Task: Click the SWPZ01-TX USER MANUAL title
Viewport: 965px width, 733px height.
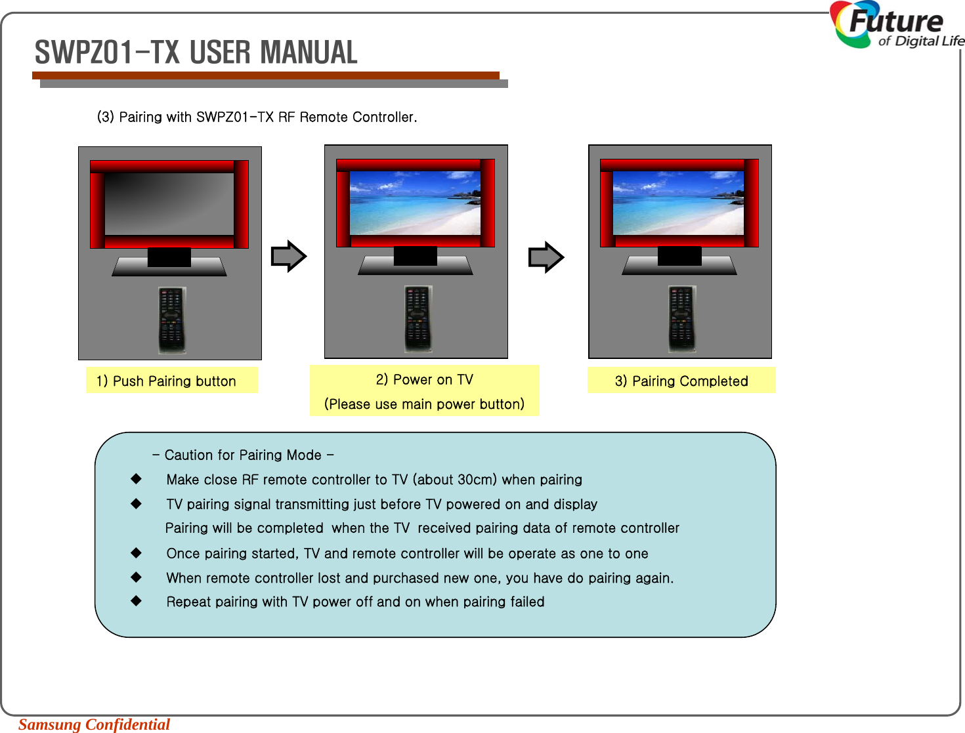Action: (196, 52)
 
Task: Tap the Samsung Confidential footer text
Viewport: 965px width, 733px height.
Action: (94, 724)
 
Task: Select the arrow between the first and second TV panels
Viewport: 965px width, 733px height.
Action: (289, 256)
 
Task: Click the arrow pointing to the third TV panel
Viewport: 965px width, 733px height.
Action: (546, 257)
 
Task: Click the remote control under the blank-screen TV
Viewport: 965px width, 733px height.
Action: (172, 320)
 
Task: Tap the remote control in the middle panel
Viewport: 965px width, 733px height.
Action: (418, 318)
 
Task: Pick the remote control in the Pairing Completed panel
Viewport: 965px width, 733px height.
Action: (682, 318)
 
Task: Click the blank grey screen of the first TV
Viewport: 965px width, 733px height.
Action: (169, 203)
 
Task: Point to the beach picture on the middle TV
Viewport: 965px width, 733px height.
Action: (415, 203)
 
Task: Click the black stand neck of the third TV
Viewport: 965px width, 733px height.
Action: (679, 256)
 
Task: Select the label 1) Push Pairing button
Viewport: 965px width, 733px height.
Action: (166, 381)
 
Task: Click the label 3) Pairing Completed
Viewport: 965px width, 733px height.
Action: (681, 381)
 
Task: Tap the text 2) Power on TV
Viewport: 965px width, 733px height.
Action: (424, 379)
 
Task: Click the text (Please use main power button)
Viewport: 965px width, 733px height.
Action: (424, 404)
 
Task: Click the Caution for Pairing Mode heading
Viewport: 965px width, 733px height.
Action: (243, 455)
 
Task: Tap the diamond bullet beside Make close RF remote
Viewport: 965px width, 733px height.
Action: (136, 479)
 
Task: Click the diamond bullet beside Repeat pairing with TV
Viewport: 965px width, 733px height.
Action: (136, 600)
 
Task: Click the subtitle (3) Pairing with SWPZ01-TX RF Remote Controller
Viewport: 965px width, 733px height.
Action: (257, 117)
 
